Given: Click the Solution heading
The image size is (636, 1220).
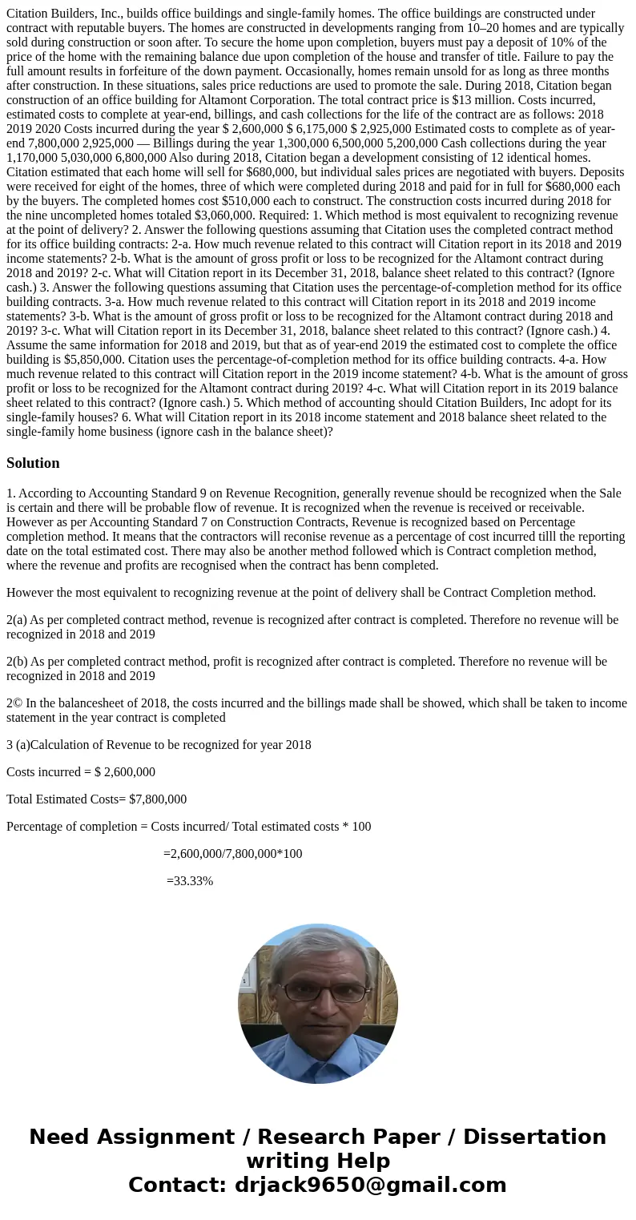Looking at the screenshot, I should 33,463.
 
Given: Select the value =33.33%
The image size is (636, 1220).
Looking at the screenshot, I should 190,881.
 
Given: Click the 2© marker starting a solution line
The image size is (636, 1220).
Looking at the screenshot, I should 14,703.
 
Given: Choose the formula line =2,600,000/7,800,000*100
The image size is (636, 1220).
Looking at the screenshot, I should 233,854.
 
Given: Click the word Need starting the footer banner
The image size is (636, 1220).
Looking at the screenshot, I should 60,1137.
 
